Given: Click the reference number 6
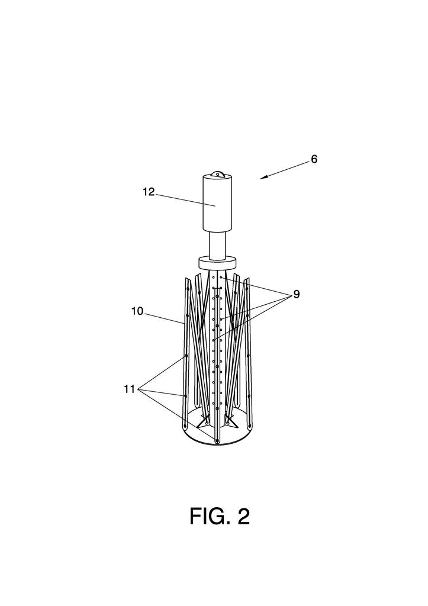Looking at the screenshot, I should tap(314, 159).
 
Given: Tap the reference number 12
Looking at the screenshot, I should tap(149, 192).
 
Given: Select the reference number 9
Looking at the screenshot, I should tap(296, 294).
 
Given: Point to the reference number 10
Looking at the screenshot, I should tap(137, 311).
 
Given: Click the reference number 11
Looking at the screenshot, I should tap(130, 389).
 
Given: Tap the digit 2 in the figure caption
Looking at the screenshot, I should tap(243, 517).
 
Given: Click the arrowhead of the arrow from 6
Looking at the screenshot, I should tap(261, 178).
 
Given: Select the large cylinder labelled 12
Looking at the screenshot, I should tap(217, 204).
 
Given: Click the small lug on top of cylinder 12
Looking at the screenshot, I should tap(217, 174).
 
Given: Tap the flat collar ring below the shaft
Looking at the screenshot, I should tap(217, 262).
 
